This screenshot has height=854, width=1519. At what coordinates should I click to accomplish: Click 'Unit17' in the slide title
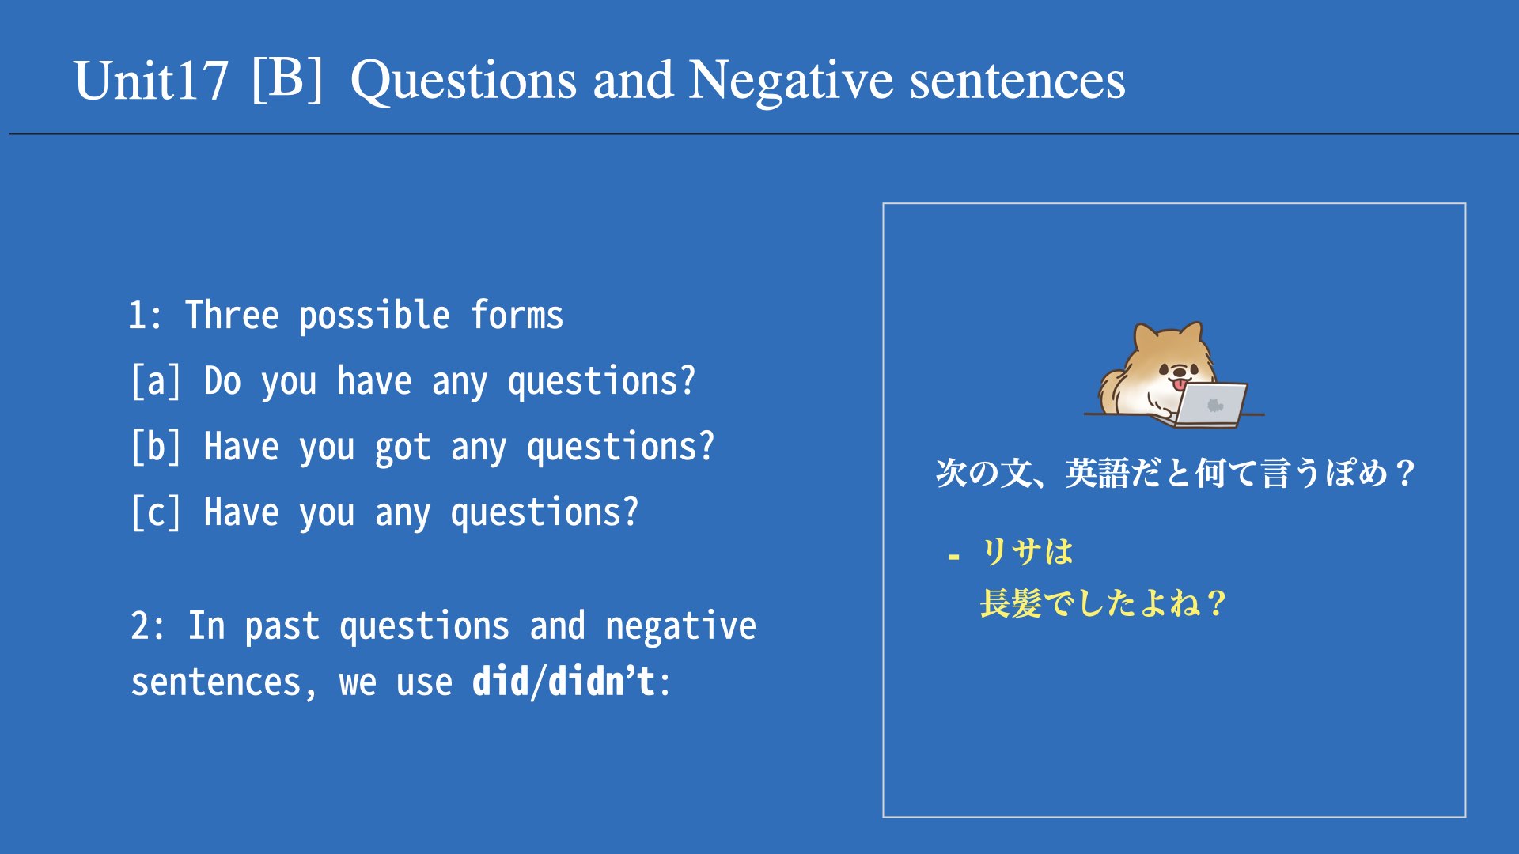click(x=150, y=81)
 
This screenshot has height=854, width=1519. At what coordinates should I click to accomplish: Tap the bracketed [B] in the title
click(x=287, y=79)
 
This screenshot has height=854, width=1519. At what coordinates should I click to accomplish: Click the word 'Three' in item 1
click(x=232, y=315)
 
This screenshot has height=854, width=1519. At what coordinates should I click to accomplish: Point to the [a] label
click(x=157, y=381)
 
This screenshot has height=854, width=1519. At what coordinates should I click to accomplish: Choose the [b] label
click(x=157, y=447)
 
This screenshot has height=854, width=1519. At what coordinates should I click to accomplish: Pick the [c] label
click(x=157, y=512)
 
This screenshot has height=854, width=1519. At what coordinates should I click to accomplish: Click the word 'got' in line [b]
click(x=403, y=448)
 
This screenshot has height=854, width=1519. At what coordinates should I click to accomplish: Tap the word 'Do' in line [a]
click(x=222, y=380)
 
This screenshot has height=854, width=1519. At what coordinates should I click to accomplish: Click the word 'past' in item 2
click(x=282, y=627)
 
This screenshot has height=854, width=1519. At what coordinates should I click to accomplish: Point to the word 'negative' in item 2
click(x=680, y=626)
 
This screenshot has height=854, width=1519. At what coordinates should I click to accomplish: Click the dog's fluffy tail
click(x=1114, y=387)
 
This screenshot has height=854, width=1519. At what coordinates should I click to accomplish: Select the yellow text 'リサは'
click(x=1028, y=552)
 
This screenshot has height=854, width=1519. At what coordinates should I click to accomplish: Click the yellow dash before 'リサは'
click(x=954, y=557)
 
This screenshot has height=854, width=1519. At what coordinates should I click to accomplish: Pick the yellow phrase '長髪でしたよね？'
click(x=1103, y=603)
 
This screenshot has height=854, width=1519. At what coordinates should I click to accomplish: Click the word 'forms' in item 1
click(x=517, y=315)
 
